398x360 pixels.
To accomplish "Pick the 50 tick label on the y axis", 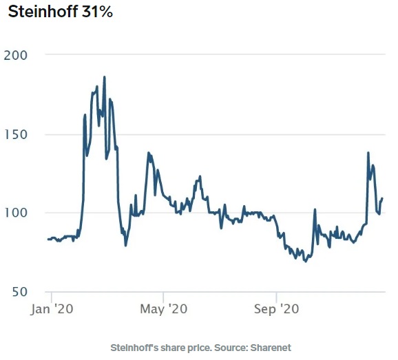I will click(x=20, y=292).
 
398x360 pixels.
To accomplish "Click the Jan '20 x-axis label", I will click(x=51, y=310).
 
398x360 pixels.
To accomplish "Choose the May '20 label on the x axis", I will click(x=163, y=310).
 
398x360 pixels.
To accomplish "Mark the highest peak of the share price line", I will click(x=105, y=77).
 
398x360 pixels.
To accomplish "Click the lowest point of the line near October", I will click(x=304, y=262).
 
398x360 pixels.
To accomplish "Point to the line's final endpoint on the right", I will click(x=382, y=198).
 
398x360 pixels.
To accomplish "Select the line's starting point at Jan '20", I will click(x=48, y=239).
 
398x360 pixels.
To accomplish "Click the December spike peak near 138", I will click(x=368, y=153).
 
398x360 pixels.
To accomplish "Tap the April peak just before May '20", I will click(x=149, y=153).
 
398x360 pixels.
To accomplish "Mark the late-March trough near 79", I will click(x=125, y=245).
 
